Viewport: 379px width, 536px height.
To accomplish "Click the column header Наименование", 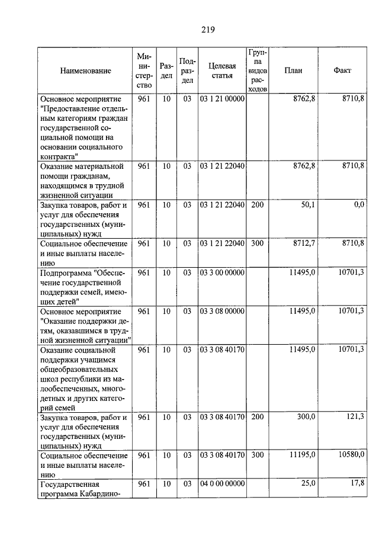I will tap(85, 70).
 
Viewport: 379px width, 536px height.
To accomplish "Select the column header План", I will tap(293, 70).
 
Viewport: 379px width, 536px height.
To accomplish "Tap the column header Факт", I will tap(342, 70).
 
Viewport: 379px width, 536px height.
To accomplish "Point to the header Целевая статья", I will tap(222, 70).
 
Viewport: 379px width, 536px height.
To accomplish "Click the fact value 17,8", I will tap(356, 483).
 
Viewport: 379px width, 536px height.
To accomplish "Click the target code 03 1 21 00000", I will tap(222, 99).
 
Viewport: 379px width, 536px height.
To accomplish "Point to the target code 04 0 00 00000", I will tap(222, 484).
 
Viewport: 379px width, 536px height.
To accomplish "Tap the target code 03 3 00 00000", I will tap(222, 272).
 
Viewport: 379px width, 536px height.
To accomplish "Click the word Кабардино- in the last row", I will tap(95, 495).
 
